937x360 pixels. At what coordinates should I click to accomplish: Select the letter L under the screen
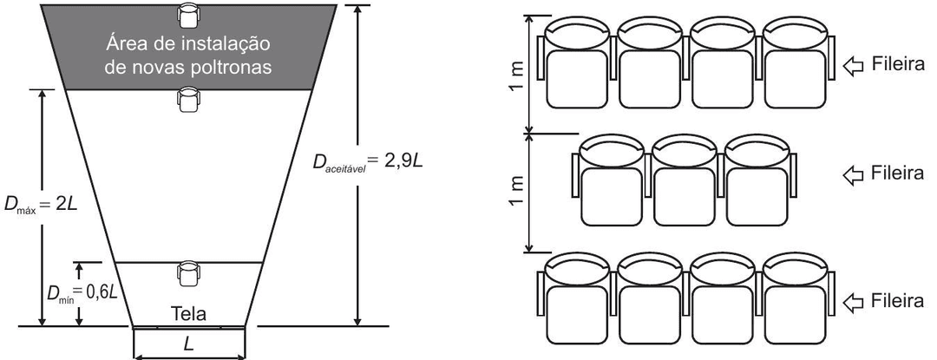189,344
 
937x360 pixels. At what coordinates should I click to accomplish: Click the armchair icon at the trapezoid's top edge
188,15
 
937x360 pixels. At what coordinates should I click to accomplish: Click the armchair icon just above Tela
188,272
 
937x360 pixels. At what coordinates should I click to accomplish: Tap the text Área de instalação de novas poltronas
188,53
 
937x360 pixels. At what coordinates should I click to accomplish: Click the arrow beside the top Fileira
853,65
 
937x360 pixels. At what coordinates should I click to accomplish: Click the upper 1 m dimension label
518,72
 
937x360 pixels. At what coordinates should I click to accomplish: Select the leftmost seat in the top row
577,63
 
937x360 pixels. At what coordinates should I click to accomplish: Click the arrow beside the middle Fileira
853,174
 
